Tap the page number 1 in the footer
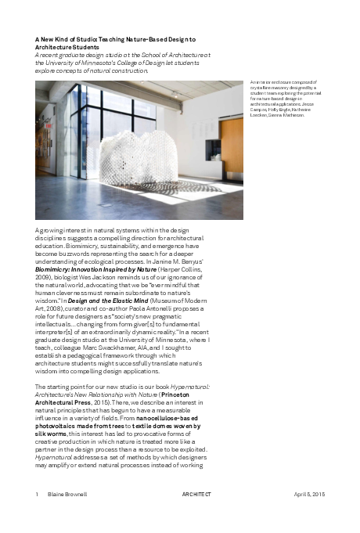pos(37,495)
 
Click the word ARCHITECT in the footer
pos(196,495)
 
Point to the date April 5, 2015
pos(310,495)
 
